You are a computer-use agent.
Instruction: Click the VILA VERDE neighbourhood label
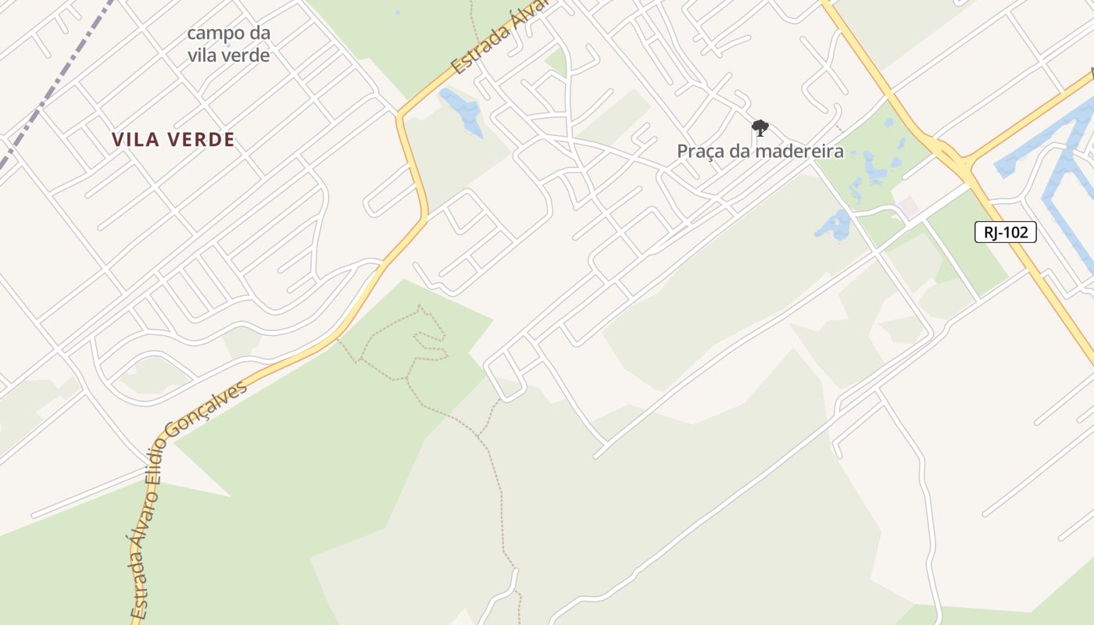[173, 140]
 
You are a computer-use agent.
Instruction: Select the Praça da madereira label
[760, 151]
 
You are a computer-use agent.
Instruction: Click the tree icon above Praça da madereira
[760, 127]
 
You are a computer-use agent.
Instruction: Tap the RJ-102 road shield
[1005, 232]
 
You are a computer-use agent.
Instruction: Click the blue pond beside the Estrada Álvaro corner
[462, 110]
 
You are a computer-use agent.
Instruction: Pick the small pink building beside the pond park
[906, 208]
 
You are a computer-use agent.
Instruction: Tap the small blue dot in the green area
[397, 12]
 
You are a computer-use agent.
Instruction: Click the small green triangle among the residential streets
[556, 62]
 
